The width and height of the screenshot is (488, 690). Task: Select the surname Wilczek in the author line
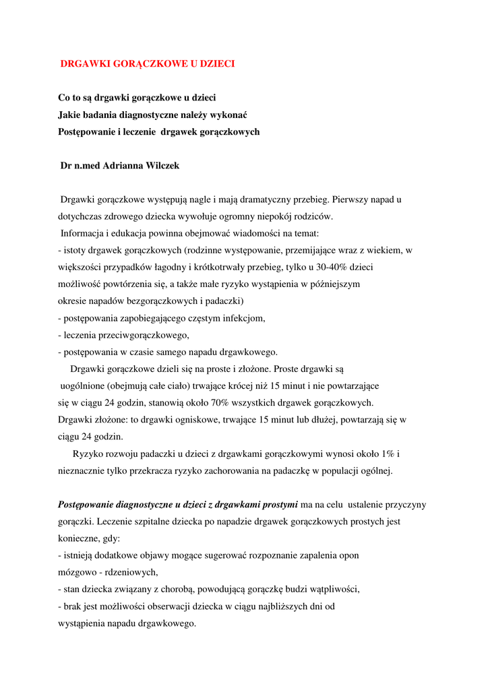[x=160, y=166]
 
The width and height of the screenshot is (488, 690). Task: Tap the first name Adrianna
[x=121, y=166]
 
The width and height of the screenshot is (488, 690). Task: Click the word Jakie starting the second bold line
[x=69, y=115]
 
